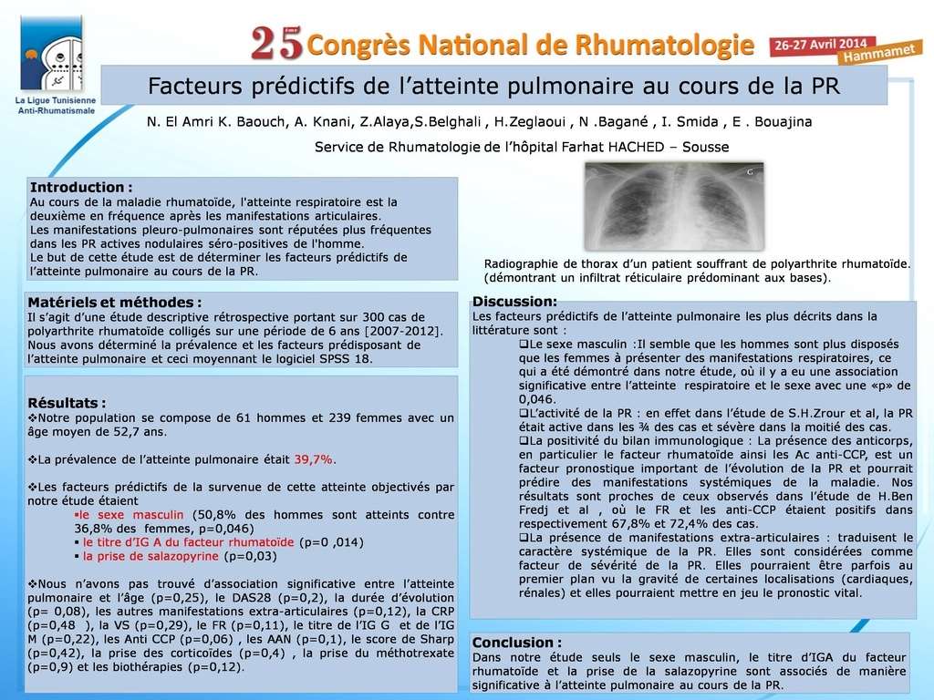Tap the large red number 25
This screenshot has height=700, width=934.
pos(275,42)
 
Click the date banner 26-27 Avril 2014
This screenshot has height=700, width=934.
pos(822,44)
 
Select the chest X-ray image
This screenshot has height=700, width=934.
pos(673,206)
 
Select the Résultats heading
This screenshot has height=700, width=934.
pos(67,403)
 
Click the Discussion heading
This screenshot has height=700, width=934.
pos(514,302)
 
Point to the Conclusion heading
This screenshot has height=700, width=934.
pos(517,643)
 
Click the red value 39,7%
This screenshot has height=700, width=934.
pos(314,458)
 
